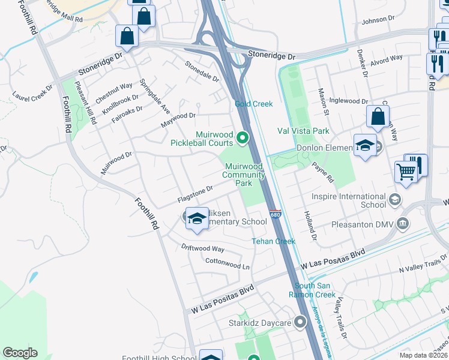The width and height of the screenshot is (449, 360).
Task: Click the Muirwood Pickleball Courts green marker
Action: click(243, 139)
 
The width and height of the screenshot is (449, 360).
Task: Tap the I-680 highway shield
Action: click(275, 214)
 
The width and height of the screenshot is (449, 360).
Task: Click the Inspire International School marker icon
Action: click(394, 199)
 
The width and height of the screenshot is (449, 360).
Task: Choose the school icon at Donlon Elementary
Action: click(365, 146)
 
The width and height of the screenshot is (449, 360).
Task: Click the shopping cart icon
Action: click(406, 172)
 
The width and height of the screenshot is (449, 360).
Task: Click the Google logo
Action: click(20, 353)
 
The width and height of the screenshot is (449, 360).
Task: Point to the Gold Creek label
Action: click(253, 104)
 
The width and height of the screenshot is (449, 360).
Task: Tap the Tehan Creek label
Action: click(273, 241)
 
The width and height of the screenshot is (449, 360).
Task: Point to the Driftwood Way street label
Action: click(203, 248)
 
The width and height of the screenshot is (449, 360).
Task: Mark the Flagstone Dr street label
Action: click(195, 194)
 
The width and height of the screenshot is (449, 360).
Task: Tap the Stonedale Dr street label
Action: click(202, 71)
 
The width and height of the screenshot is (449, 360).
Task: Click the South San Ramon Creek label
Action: click(315, 290)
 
